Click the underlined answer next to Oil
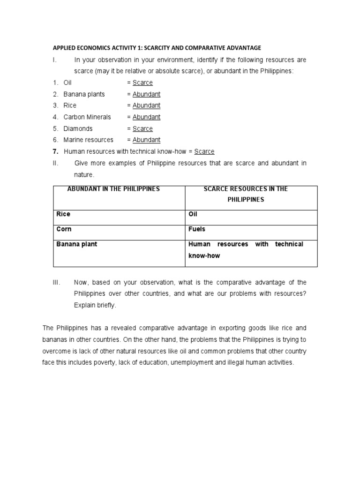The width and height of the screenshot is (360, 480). click(x=142, y=82)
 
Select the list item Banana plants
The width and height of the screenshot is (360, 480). click(x=84, y=94)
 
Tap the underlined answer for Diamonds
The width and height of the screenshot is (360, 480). click(x=142, y=128)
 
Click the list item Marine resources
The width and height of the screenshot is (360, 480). click(x=88, y=140)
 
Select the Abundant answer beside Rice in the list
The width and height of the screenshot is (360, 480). click(x=146, y=105)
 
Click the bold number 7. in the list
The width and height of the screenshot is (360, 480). click(x=56, y=151)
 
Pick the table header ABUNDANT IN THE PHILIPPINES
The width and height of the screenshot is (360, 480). click(x=114, y=189)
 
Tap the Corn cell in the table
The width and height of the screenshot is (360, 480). click(x=64, y=229)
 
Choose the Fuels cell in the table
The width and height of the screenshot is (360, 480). click(x=197, y=229)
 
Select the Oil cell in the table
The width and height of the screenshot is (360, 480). click(x=193, y=214)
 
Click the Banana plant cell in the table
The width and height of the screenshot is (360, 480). click(x=77, y=244)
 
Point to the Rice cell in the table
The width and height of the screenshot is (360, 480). click(x=63, y=214)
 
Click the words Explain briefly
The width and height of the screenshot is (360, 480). click(x=94, y=305)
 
